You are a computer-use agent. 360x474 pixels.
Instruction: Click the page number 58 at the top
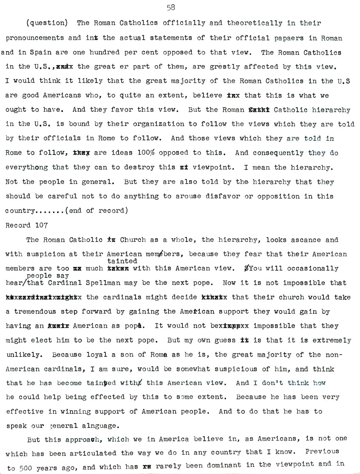click(x=171, y=7)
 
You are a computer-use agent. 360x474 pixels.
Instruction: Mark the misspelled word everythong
click(x=27, y=167)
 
